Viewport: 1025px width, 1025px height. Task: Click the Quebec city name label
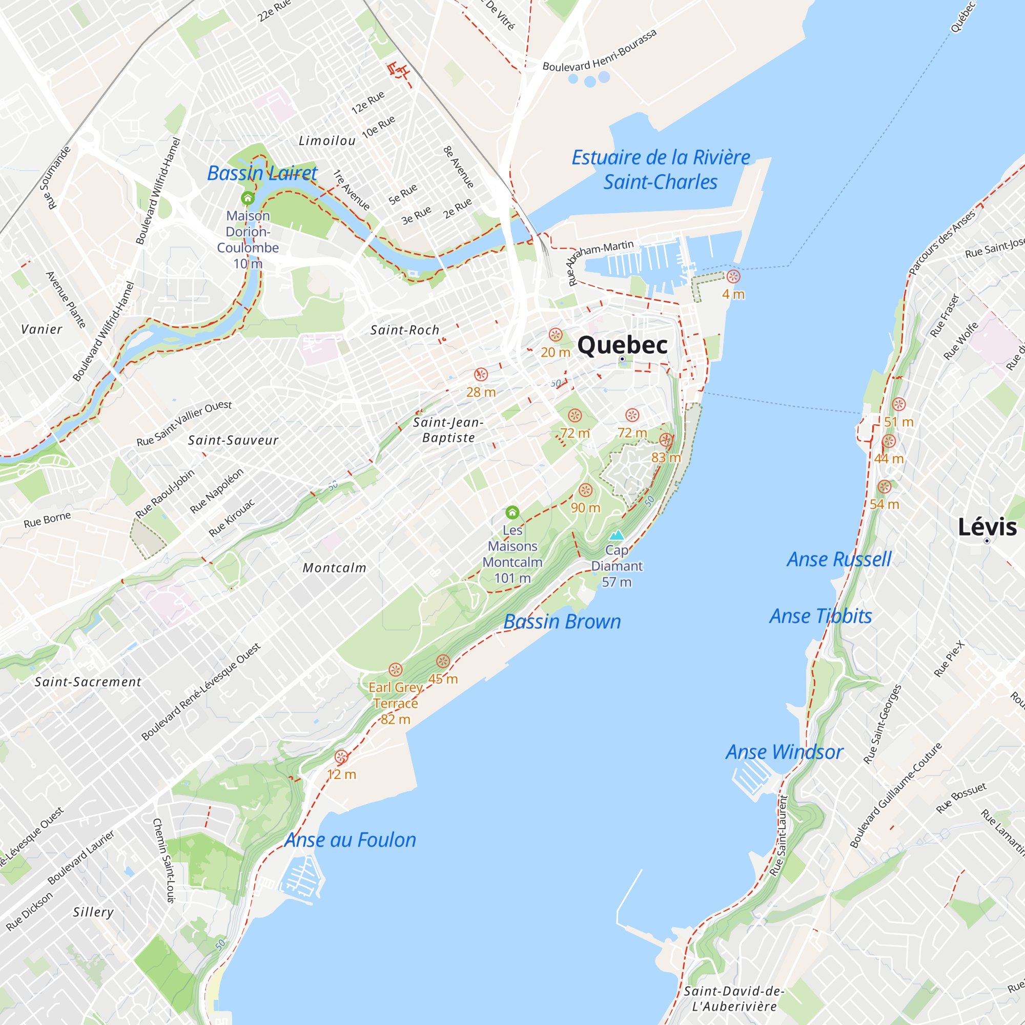point(622,345)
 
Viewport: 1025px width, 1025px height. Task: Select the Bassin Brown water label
point(562,621)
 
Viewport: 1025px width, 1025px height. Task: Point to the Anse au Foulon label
point(350,840)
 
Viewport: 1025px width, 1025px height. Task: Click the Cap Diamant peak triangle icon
point(617,535)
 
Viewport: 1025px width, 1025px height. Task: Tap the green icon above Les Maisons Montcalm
point(512,512)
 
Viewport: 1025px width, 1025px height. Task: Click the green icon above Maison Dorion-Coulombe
point(248,198)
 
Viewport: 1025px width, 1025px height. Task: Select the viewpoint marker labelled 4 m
point(733,276)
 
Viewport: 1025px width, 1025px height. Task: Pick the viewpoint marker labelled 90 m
point(585,490)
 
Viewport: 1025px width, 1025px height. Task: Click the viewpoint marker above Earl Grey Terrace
point(395,669)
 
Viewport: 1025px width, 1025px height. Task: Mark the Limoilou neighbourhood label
point(327,141)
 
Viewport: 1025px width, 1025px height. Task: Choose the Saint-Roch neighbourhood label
point(405,330)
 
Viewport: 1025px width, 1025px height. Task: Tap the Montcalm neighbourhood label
point(334,568)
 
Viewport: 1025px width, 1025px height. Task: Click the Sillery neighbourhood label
point(93,912)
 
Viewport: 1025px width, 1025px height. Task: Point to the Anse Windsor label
point(784,752)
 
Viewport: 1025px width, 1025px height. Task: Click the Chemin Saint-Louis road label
point(164,860)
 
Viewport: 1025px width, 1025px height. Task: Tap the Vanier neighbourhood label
point(42,330)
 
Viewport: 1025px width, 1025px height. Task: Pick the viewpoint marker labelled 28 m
point(481,375)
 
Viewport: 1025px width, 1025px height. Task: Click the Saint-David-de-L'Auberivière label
point(734,998)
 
